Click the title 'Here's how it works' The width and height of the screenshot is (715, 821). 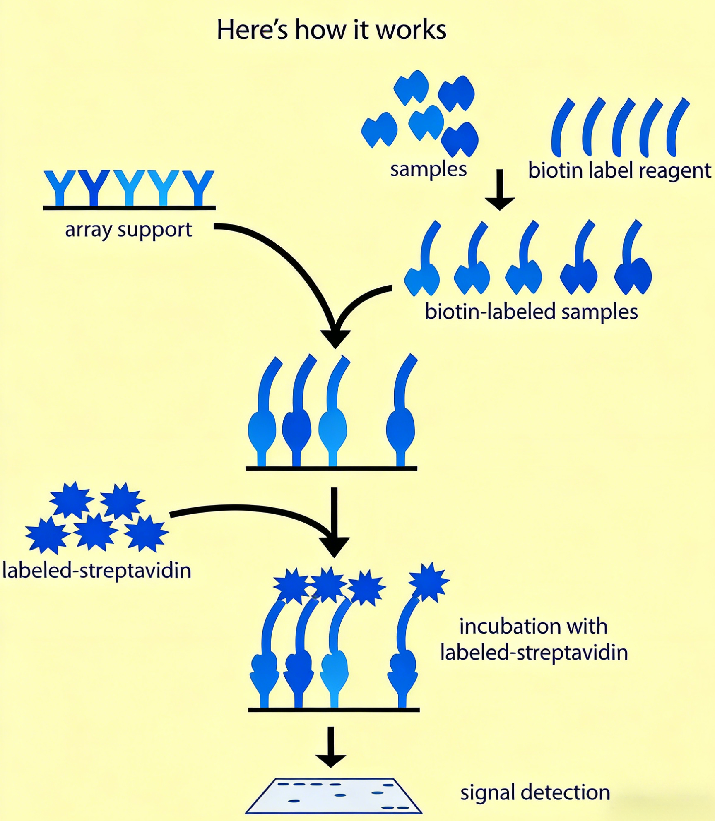click(x=331, y=30)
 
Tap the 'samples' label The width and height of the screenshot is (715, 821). click(x=428, y=169)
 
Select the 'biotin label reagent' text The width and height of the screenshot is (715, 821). click(x=619, y=170)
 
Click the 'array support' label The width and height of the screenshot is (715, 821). click(x=128, y=230)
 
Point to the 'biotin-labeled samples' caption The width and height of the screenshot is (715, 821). click(x=531, y=312)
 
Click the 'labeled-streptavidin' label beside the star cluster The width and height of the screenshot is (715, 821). click(x=96, y=571)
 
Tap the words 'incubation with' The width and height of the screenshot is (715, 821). click(x=533, y=626)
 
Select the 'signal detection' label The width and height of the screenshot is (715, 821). click(x=535, y=792)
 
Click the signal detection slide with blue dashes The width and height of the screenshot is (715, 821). click(x=333, y=795)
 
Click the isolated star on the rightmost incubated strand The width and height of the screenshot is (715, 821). click(x=429, y=582)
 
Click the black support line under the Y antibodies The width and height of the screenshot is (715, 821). click(x=129, y=208)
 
